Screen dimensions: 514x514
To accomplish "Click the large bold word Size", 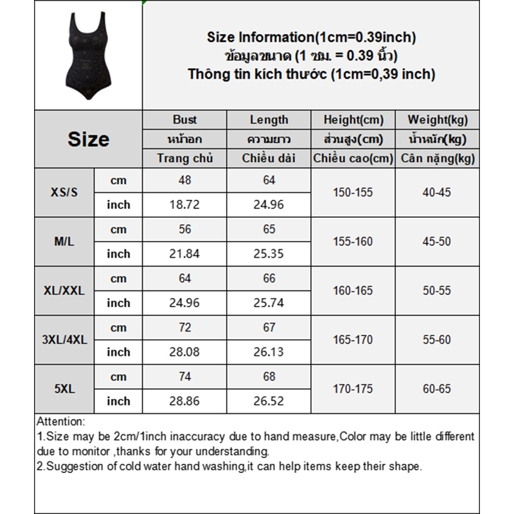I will [x=88, y=139].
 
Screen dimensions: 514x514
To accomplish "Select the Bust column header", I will [x=185, y=120].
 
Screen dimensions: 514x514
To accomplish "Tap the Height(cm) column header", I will [x=353, y=120].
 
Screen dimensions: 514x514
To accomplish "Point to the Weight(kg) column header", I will [x=438, y=120].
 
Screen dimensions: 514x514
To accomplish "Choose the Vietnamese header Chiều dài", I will [x=269, y=158].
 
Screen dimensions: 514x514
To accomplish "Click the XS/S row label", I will [x=64, y=192].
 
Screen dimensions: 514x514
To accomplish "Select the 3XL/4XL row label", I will [x=64, y=339].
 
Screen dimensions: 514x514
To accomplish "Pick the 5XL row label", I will [x=64, y=389].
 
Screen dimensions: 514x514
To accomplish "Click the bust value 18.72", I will [x=185, y=205].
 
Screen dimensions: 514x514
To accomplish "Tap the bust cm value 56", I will [x=185, y=229].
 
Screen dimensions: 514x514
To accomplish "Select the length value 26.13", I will [x=269, y=352].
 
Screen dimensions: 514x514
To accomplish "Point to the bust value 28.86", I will [x=185, y=401].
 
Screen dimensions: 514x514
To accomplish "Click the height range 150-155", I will [x=353, y=192].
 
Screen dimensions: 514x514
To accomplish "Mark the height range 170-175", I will [x=353, y=389].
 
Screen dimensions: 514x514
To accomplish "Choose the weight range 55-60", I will [x=437, y=339].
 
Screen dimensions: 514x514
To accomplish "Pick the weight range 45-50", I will [x=437, y=242].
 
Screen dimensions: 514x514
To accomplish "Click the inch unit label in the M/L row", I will [x=118, y=254].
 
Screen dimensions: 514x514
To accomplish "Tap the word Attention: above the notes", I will [x=60, y=422].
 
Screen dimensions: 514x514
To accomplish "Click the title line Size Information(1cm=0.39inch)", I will [x=312, y=37].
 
